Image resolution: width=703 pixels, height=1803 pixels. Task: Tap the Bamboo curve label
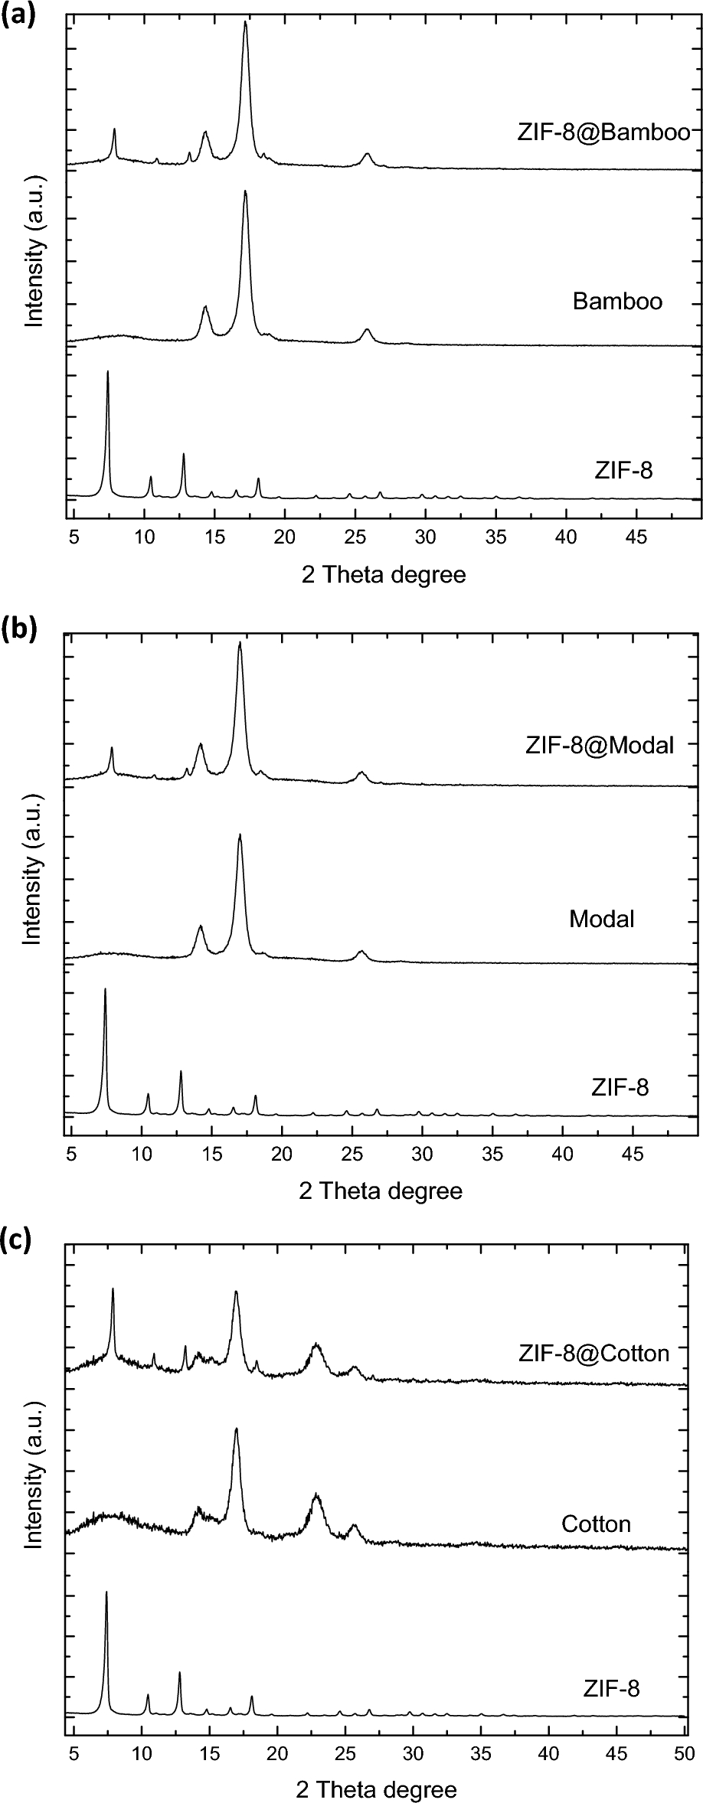tap(617, 301)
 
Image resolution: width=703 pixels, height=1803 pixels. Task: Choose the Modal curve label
tap(602, 918)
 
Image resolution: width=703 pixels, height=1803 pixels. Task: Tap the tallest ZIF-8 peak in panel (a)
tap(108, 373)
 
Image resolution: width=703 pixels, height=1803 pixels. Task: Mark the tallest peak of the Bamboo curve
tap(245, 193)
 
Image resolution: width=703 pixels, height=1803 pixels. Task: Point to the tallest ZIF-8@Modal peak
tap(240, 645)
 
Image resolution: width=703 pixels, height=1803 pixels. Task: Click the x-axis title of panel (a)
tap(384, 574)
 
